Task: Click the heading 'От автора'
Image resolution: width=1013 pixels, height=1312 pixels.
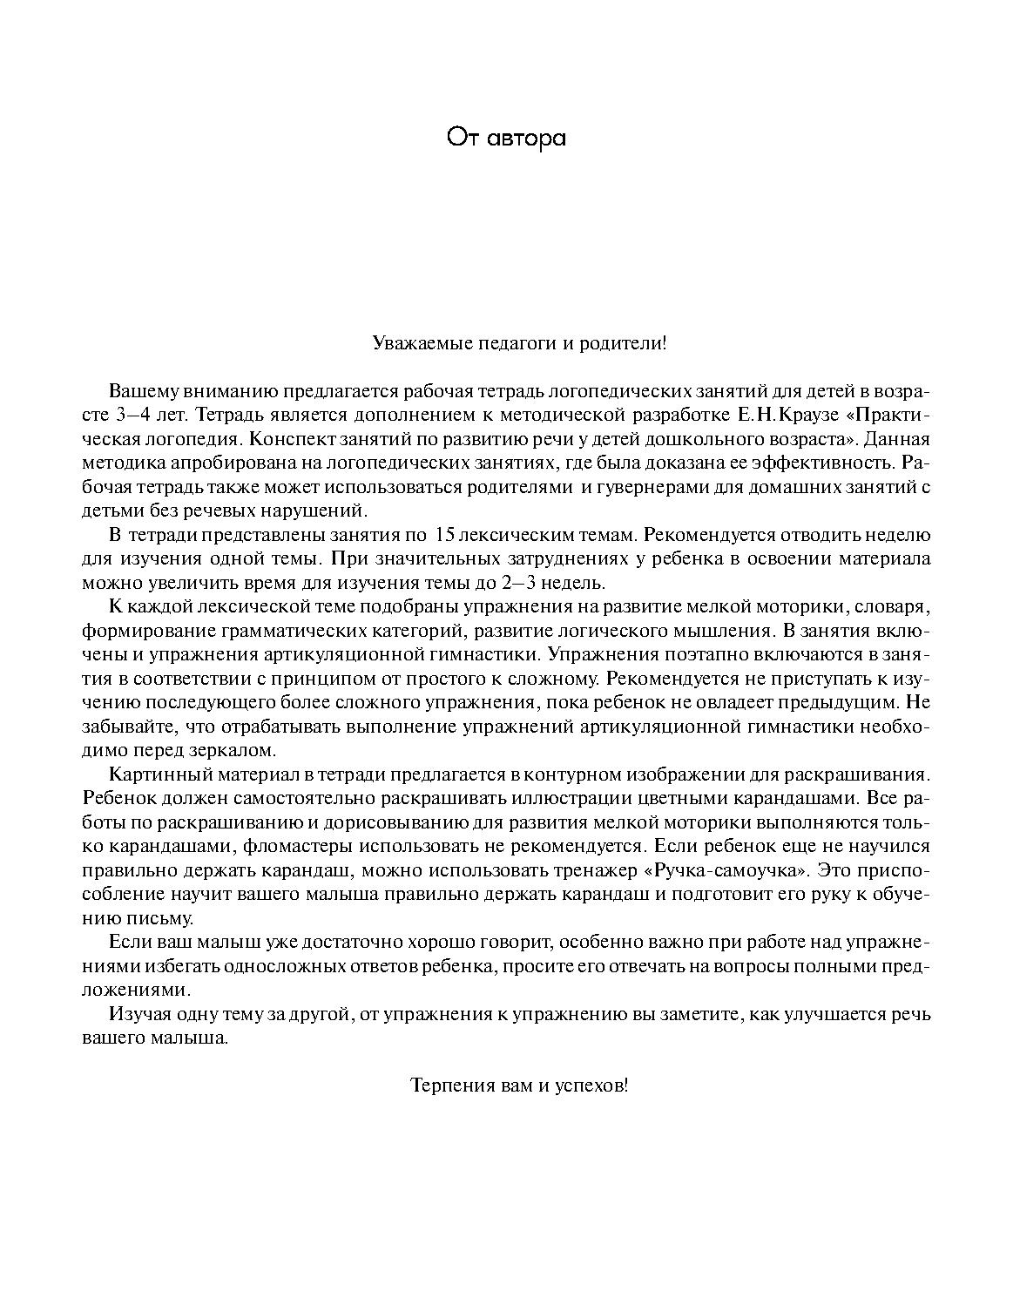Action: (506, 138)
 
